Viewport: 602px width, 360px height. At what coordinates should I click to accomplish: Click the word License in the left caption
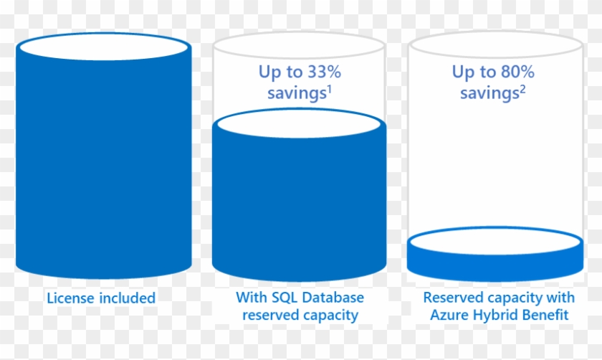[x=70, y=298]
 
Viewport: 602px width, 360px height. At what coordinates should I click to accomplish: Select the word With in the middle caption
[x=250, y=298]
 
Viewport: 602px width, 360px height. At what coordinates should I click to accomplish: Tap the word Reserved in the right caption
[x=452, y=298]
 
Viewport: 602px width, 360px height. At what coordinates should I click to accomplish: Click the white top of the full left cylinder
[x=104, y=48]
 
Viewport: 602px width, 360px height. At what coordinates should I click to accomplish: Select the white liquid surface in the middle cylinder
[x=300, y=123]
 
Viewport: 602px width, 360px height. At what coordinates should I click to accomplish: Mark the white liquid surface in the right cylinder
[x=494, y=240]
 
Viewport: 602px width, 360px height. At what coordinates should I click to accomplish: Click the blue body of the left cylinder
[x=104, y=165]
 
